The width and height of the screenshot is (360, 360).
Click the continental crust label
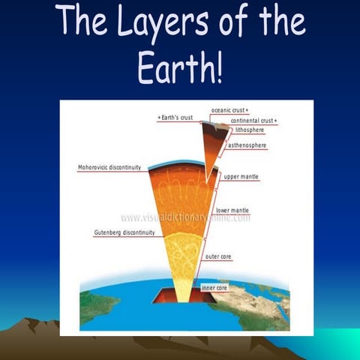pos(253,120)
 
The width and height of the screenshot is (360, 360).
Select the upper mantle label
pos(241,176)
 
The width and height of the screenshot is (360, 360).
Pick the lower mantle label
pos(232,211)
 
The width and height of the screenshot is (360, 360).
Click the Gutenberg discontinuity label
pos(124,232)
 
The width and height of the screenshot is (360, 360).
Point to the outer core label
pos(218,256)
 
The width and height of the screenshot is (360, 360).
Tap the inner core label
pos(215,287)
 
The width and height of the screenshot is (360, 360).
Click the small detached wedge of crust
pos(216,142)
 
